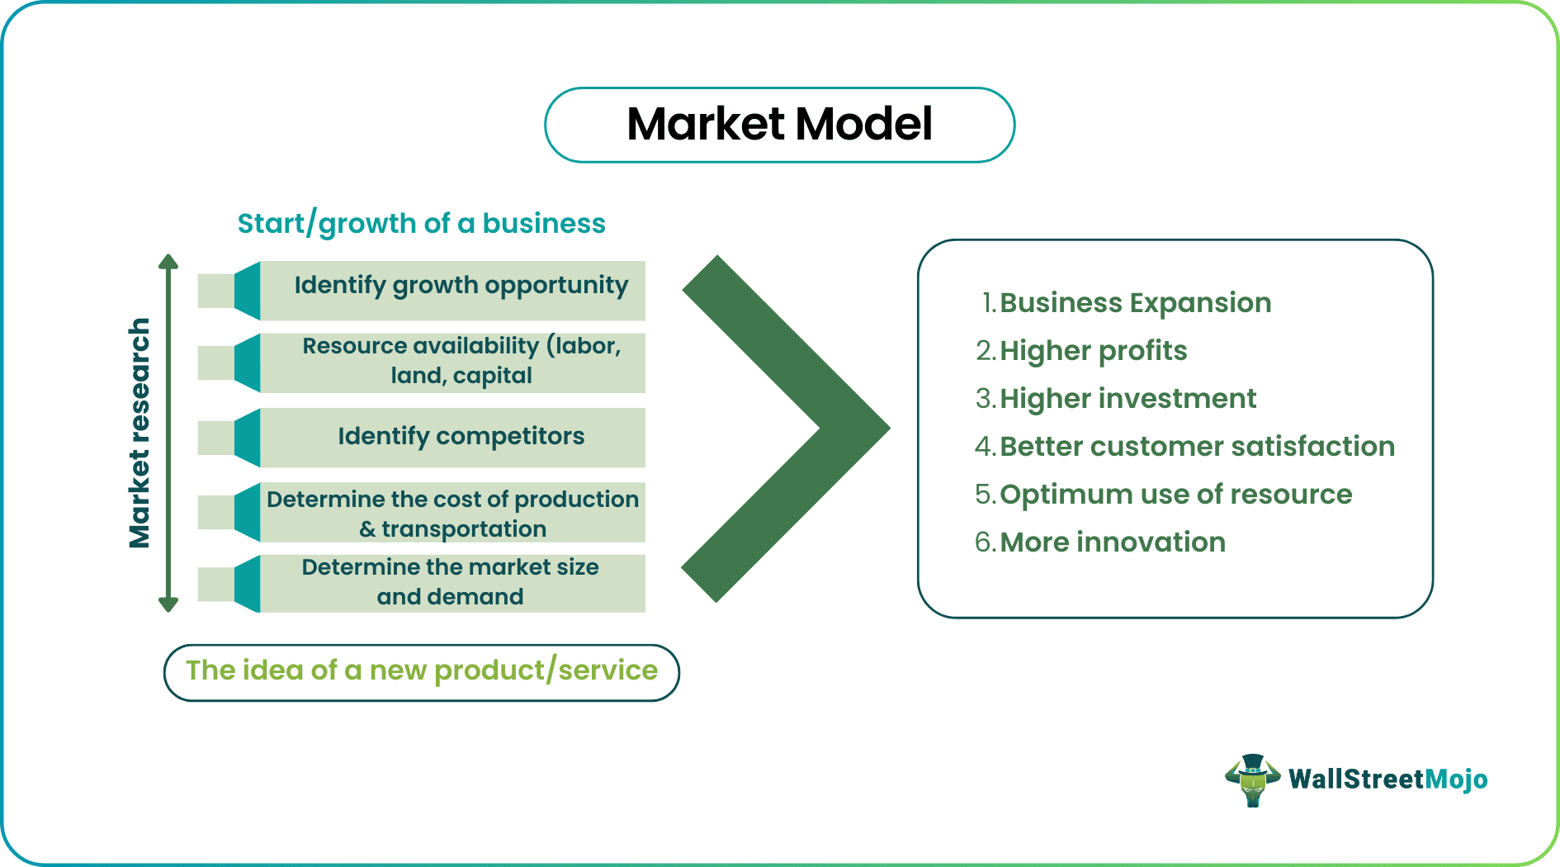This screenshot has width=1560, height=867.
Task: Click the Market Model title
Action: click(x=779, y=125)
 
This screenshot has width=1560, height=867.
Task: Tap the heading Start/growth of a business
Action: click(x=421, y=224)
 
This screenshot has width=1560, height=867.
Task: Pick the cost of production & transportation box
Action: click(x=452, y=513)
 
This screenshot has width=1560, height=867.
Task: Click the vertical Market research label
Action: click(x=139, y=433)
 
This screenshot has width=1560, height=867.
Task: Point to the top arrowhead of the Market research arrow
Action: click(x=168, y=263)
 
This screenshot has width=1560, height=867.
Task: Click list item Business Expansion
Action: click(x=1134, y=303)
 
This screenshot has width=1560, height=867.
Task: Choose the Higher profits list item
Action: click(x=1093, y=351)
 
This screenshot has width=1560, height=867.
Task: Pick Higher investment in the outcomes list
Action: click(x=1127, y=399)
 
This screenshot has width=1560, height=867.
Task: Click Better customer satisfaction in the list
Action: click(x=1197, y=447)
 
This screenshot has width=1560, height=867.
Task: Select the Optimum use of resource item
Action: click(x=1175, y=495)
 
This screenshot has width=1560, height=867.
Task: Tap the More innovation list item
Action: click(x=1112, y=542)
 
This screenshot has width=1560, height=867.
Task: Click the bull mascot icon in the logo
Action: click(x=1253, y=779)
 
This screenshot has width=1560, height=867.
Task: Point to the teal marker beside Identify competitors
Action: click(x=247, y=438)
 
